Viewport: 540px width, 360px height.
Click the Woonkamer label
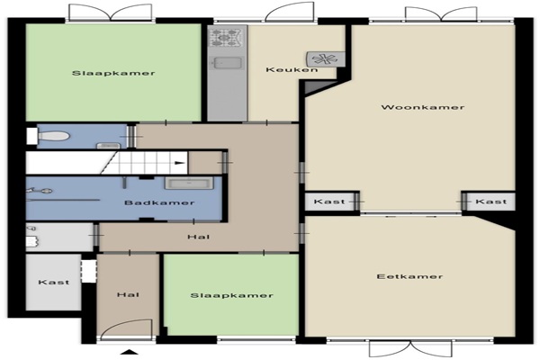coord(423,107)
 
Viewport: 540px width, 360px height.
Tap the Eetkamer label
coord(409,276)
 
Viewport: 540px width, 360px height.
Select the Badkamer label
coord(159,202)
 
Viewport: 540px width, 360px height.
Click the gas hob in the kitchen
coord(227,38)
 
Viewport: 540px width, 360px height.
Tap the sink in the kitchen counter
coord(227,63)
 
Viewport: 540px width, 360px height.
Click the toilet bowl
coord(54,136)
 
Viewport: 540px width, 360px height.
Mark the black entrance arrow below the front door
coord(129,352)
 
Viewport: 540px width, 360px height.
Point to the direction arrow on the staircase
coord(179,163)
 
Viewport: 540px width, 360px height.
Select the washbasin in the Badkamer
coord(189,183)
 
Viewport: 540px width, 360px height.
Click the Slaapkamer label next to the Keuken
coord(113,73)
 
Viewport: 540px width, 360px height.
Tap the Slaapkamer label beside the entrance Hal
coord(232,295)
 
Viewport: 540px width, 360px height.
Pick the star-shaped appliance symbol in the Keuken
coord(325,58)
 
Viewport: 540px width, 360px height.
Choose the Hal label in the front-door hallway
coord(128,294)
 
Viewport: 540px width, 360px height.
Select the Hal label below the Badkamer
coord(199,237)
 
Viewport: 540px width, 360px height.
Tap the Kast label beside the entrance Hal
coord(54,282)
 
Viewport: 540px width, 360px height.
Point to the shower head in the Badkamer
coord(46,190)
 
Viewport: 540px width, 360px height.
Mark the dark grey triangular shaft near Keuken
coord(317,86)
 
